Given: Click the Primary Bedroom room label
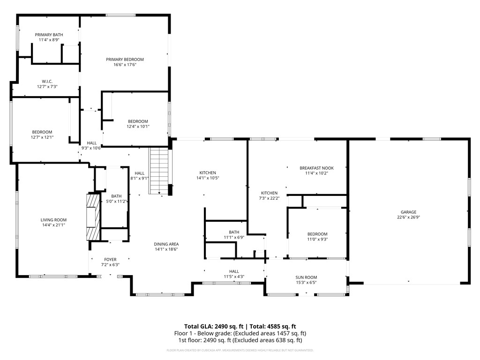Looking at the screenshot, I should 125,60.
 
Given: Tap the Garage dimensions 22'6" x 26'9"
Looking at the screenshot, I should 408,217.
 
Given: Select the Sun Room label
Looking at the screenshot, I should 306,277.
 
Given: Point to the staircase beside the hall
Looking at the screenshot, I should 158,171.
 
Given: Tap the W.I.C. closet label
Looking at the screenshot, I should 47,82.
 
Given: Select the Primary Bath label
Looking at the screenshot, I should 49,35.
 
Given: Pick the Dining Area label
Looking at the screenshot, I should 166,244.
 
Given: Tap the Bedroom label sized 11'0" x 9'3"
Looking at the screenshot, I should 317,234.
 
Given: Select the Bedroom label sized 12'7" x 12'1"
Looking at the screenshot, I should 42,132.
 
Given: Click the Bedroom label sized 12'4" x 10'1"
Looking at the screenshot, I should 138,121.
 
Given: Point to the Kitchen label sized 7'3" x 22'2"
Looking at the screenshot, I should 269,193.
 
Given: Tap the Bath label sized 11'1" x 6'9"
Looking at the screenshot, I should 234,232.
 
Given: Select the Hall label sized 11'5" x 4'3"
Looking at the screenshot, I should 234,271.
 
